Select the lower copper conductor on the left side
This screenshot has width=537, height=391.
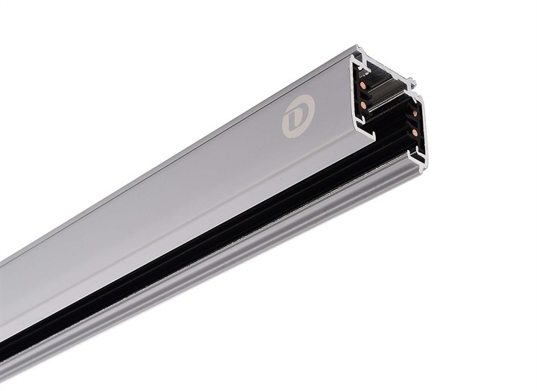click(x=363, y=106)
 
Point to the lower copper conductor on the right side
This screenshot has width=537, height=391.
click(x=414, y=132)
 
